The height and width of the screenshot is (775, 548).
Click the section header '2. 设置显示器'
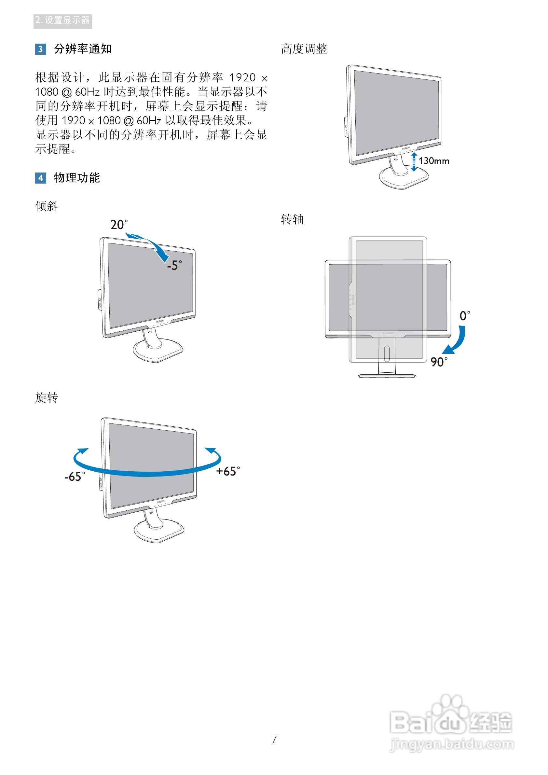click(62, 21)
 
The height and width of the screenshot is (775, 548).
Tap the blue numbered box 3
click(40, 49)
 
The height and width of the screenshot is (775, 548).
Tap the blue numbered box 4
click(40, 178)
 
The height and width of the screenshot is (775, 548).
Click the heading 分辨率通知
click(83, 49)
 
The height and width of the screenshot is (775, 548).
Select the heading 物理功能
click(76, 178)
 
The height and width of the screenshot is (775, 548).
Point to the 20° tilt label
click(119, 225)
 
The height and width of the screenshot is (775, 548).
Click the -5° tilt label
click(174, 265)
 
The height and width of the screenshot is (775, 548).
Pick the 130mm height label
click(434, 161)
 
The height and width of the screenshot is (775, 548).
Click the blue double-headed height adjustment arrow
click(414, 162)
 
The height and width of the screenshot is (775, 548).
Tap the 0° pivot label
click(465, 316)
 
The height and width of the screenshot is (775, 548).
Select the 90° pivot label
click(439, 362)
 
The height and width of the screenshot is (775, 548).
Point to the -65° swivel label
click(75, 477)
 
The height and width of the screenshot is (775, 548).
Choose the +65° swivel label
click(228, 471)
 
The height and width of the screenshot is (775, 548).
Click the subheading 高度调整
click(304, 49)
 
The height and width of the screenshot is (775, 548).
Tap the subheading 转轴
click(292, 219)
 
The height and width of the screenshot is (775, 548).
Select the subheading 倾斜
click(47, 206)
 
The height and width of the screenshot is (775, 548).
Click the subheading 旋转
click(47, 398)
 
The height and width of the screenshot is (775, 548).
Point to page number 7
click(274, 740)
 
